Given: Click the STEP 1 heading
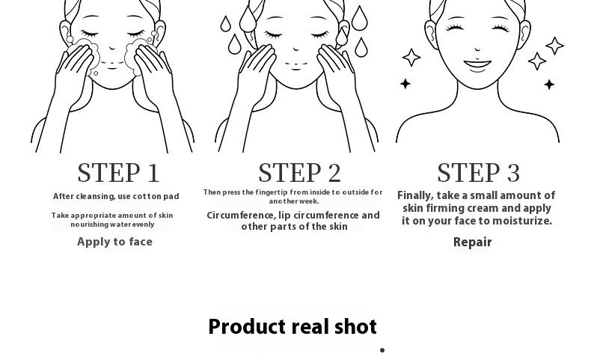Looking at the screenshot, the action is [118, 173].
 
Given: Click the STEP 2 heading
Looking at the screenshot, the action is [300, 173].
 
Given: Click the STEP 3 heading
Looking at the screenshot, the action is [478, 173].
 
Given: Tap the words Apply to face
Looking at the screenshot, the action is [115, 242].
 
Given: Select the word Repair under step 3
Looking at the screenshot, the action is [472, 242].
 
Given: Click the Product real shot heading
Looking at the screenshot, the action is [293, 326].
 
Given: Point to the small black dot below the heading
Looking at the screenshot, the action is [382, 350].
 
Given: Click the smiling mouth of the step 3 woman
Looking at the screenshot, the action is [477, 65].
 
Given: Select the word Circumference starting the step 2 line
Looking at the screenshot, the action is [241, 216].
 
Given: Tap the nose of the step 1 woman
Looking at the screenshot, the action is [112, 48].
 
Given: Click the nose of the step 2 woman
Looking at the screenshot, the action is [296, 48].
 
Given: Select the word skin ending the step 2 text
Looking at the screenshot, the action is [338, 227].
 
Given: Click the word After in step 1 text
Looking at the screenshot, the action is [63, 196].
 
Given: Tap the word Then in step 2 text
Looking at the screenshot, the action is [212, 192].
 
